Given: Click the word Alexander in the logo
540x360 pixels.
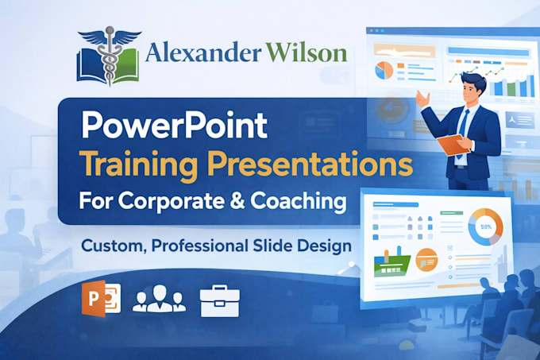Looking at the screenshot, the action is [202, 53].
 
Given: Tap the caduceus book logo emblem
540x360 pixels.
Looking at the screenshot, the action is [109, 56].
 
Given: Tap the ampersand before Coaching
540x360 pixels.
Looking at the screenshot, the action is [237, 200].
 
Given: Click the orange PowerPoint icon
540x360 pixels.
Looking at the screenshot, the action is [101, 298].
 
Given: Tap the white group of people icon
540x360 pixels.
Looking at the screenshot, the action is [159, 298].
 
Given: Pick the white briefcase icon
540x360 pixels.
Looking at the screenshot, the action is [220, 300].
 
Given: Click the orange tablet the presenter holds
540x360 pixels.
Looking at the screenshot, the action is [453, 145].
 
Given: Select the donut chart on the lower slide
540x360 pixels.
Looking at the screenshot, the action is [485, 227].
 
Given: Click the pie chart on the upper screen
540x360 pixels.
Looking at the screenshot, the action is [384, 70].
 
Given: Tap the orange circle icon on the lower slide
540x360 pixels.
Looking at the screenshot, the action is [426, 260].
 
